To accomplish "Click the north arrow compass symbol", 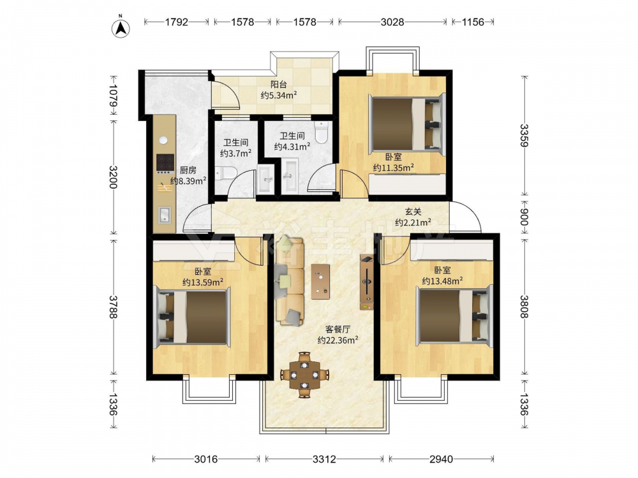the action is [121, 27].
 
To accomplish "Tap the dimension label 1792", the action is [177, 22].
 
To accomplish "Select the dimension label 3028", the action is [392, 22].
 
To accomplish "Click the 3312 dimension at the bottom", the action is [324, 460].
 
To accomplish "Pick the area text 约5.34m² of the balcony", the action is [279, 96].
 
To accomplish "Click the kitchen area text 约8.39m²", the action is [188, 181].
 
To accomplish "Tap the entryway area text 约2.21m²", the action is [413, 222].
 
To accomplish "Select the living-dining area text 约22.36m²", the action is [338, 340].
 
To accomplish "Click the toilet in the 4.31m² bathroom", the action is [322, 132].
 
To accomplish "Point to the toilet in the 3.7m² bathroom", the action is [225, 173].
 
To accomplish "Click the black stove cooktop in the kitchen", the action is [166, 163].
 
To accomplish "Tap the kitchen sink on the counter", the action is [165, 215].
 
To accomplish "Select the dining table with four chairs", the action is [304, 375].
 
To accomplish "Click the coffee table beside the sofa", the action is [321, 281].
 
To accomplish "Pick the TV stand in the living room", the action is [367, 282].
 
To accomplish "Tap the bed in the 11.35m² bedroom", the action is [406, 124].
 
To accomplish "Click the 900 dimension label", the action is [524, 217].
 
